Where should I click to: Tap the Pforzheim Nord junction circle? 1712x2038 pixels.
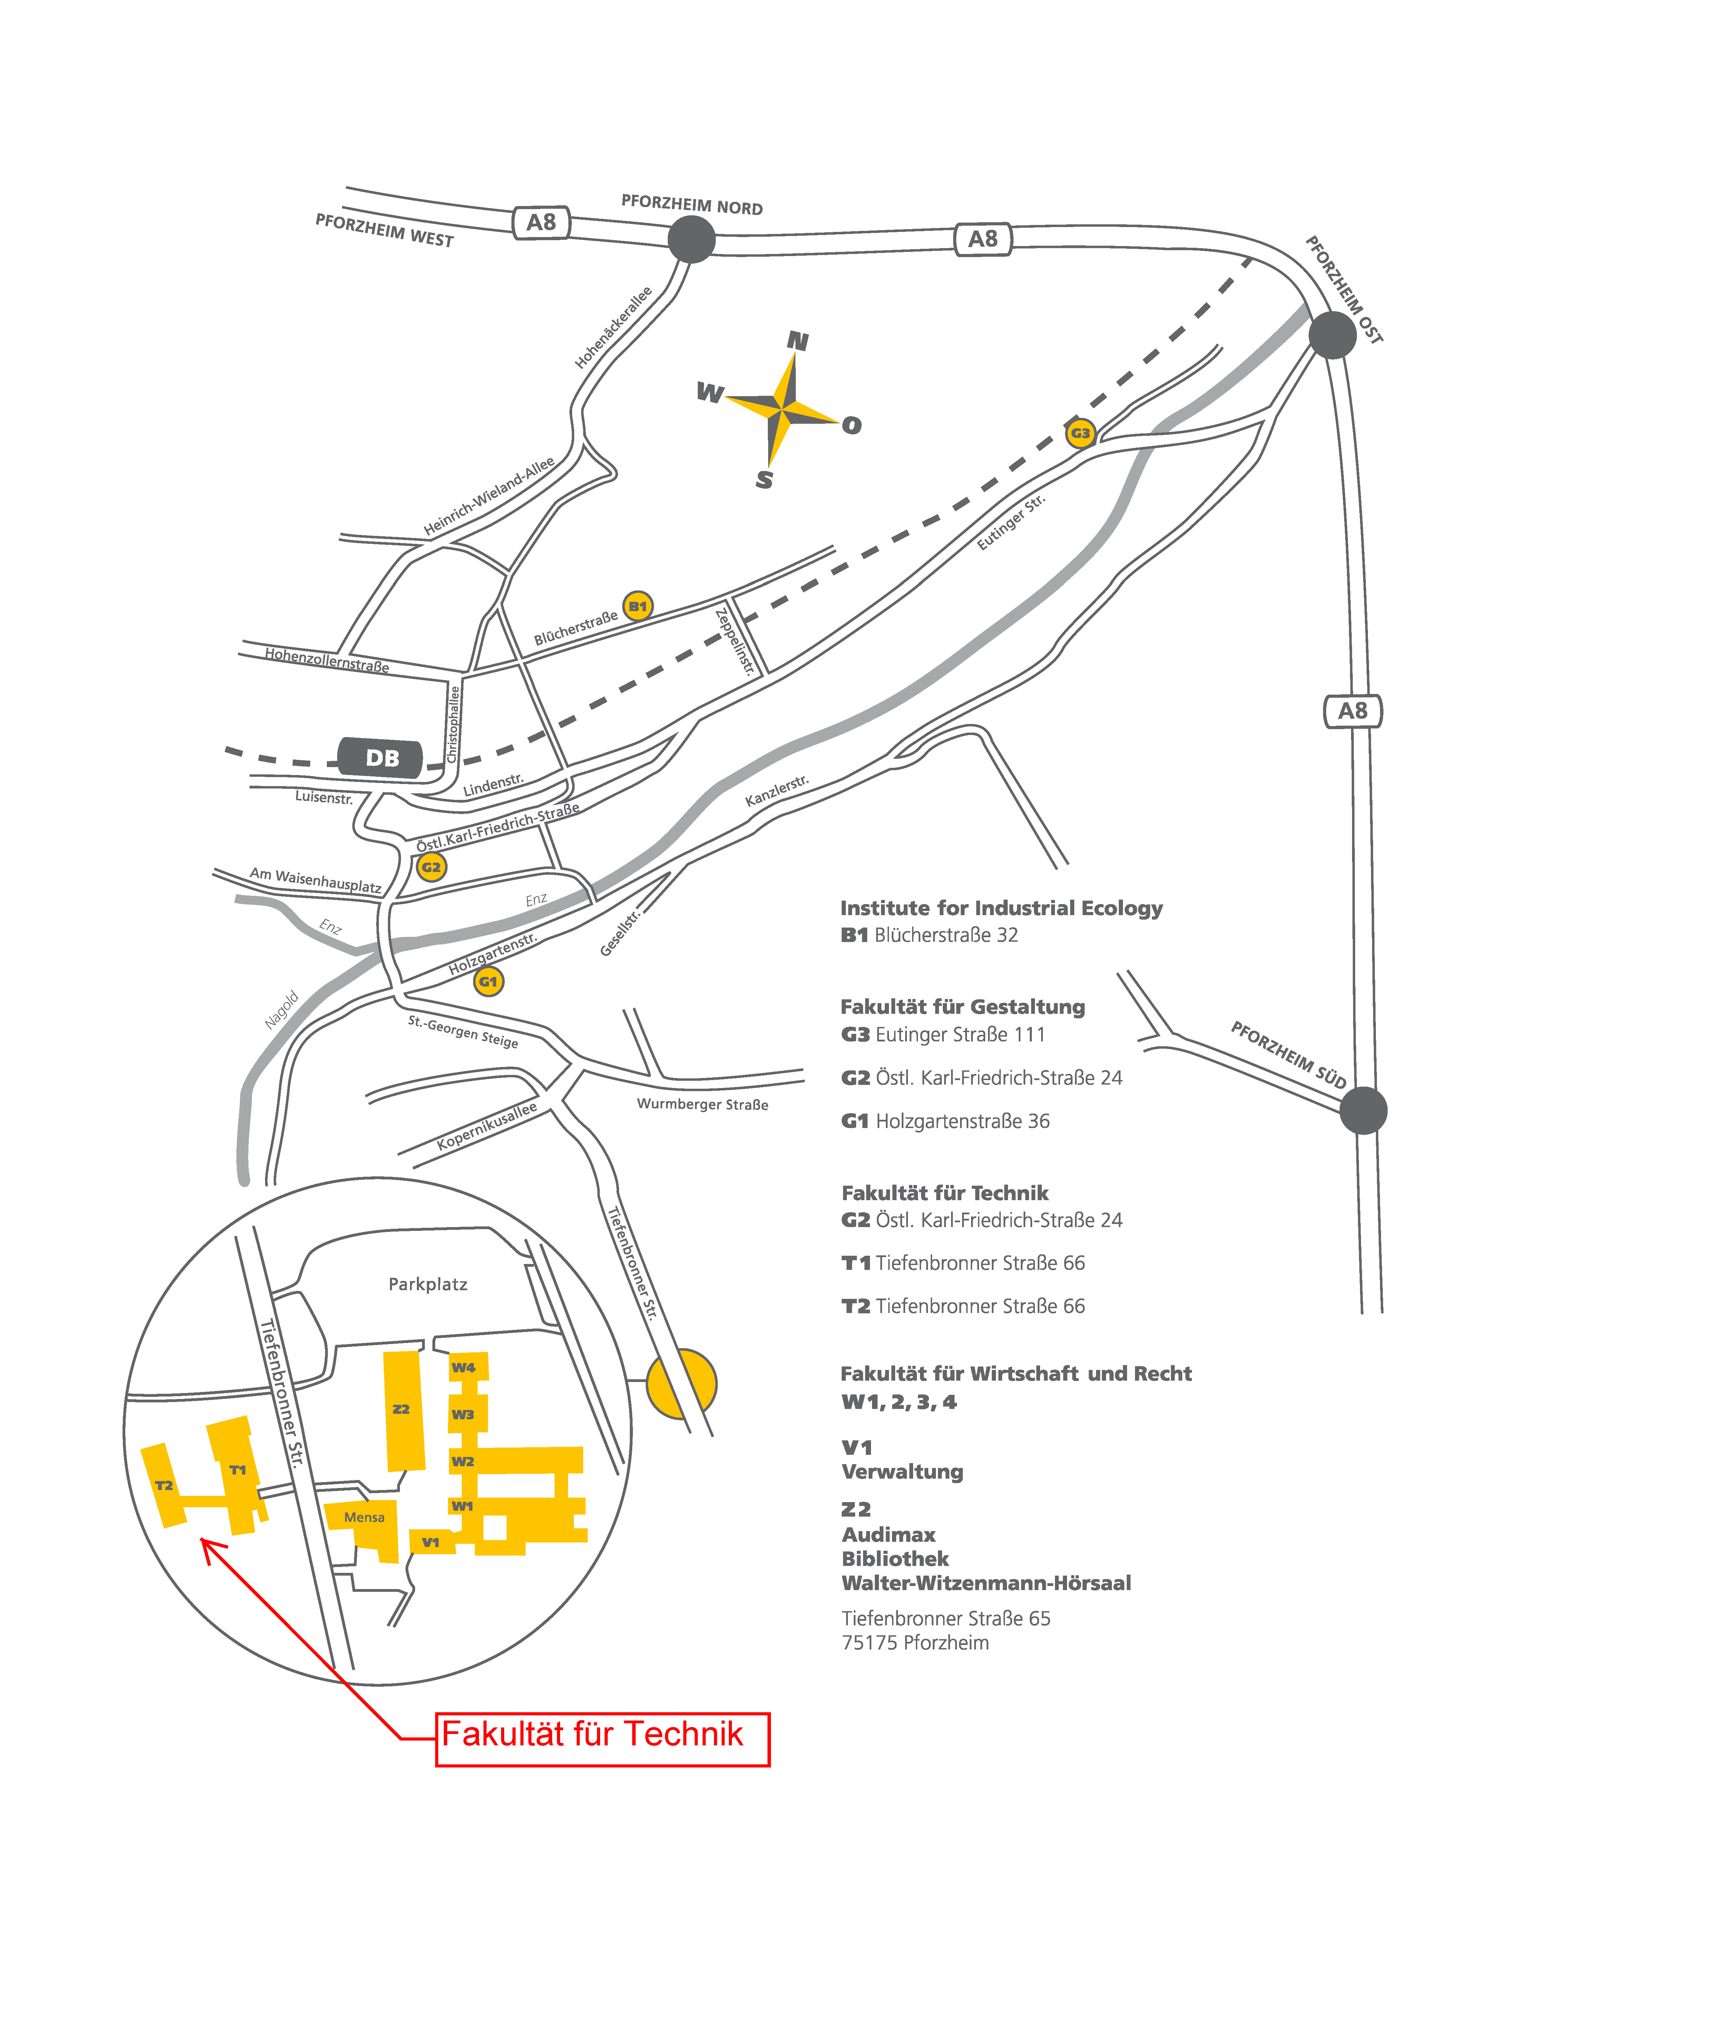tap(692, 239)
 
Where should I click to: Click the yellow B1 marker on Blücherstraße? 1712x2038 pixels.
tap(638, 607)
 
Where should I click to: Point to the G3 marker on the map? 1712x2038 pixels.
tap(1080, 433)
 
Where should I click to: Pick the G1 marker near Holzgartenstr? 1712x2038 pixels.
tap(488, 981)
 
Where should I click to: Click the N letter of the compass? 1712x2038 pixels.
tap(798, 341)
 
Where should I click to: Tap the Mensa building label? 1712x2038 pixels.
tap(364, 1517)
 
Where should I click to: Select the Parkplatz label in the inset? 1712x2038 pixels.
tap(428, 1284)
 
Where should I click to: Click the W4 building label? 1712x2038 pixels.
tap(464, 1368)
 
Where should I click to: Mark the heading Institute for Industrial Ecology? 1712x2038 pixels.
tap(1001, 908)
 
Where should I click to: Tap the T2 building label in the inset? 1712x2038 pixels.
tap(164, 1485)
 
